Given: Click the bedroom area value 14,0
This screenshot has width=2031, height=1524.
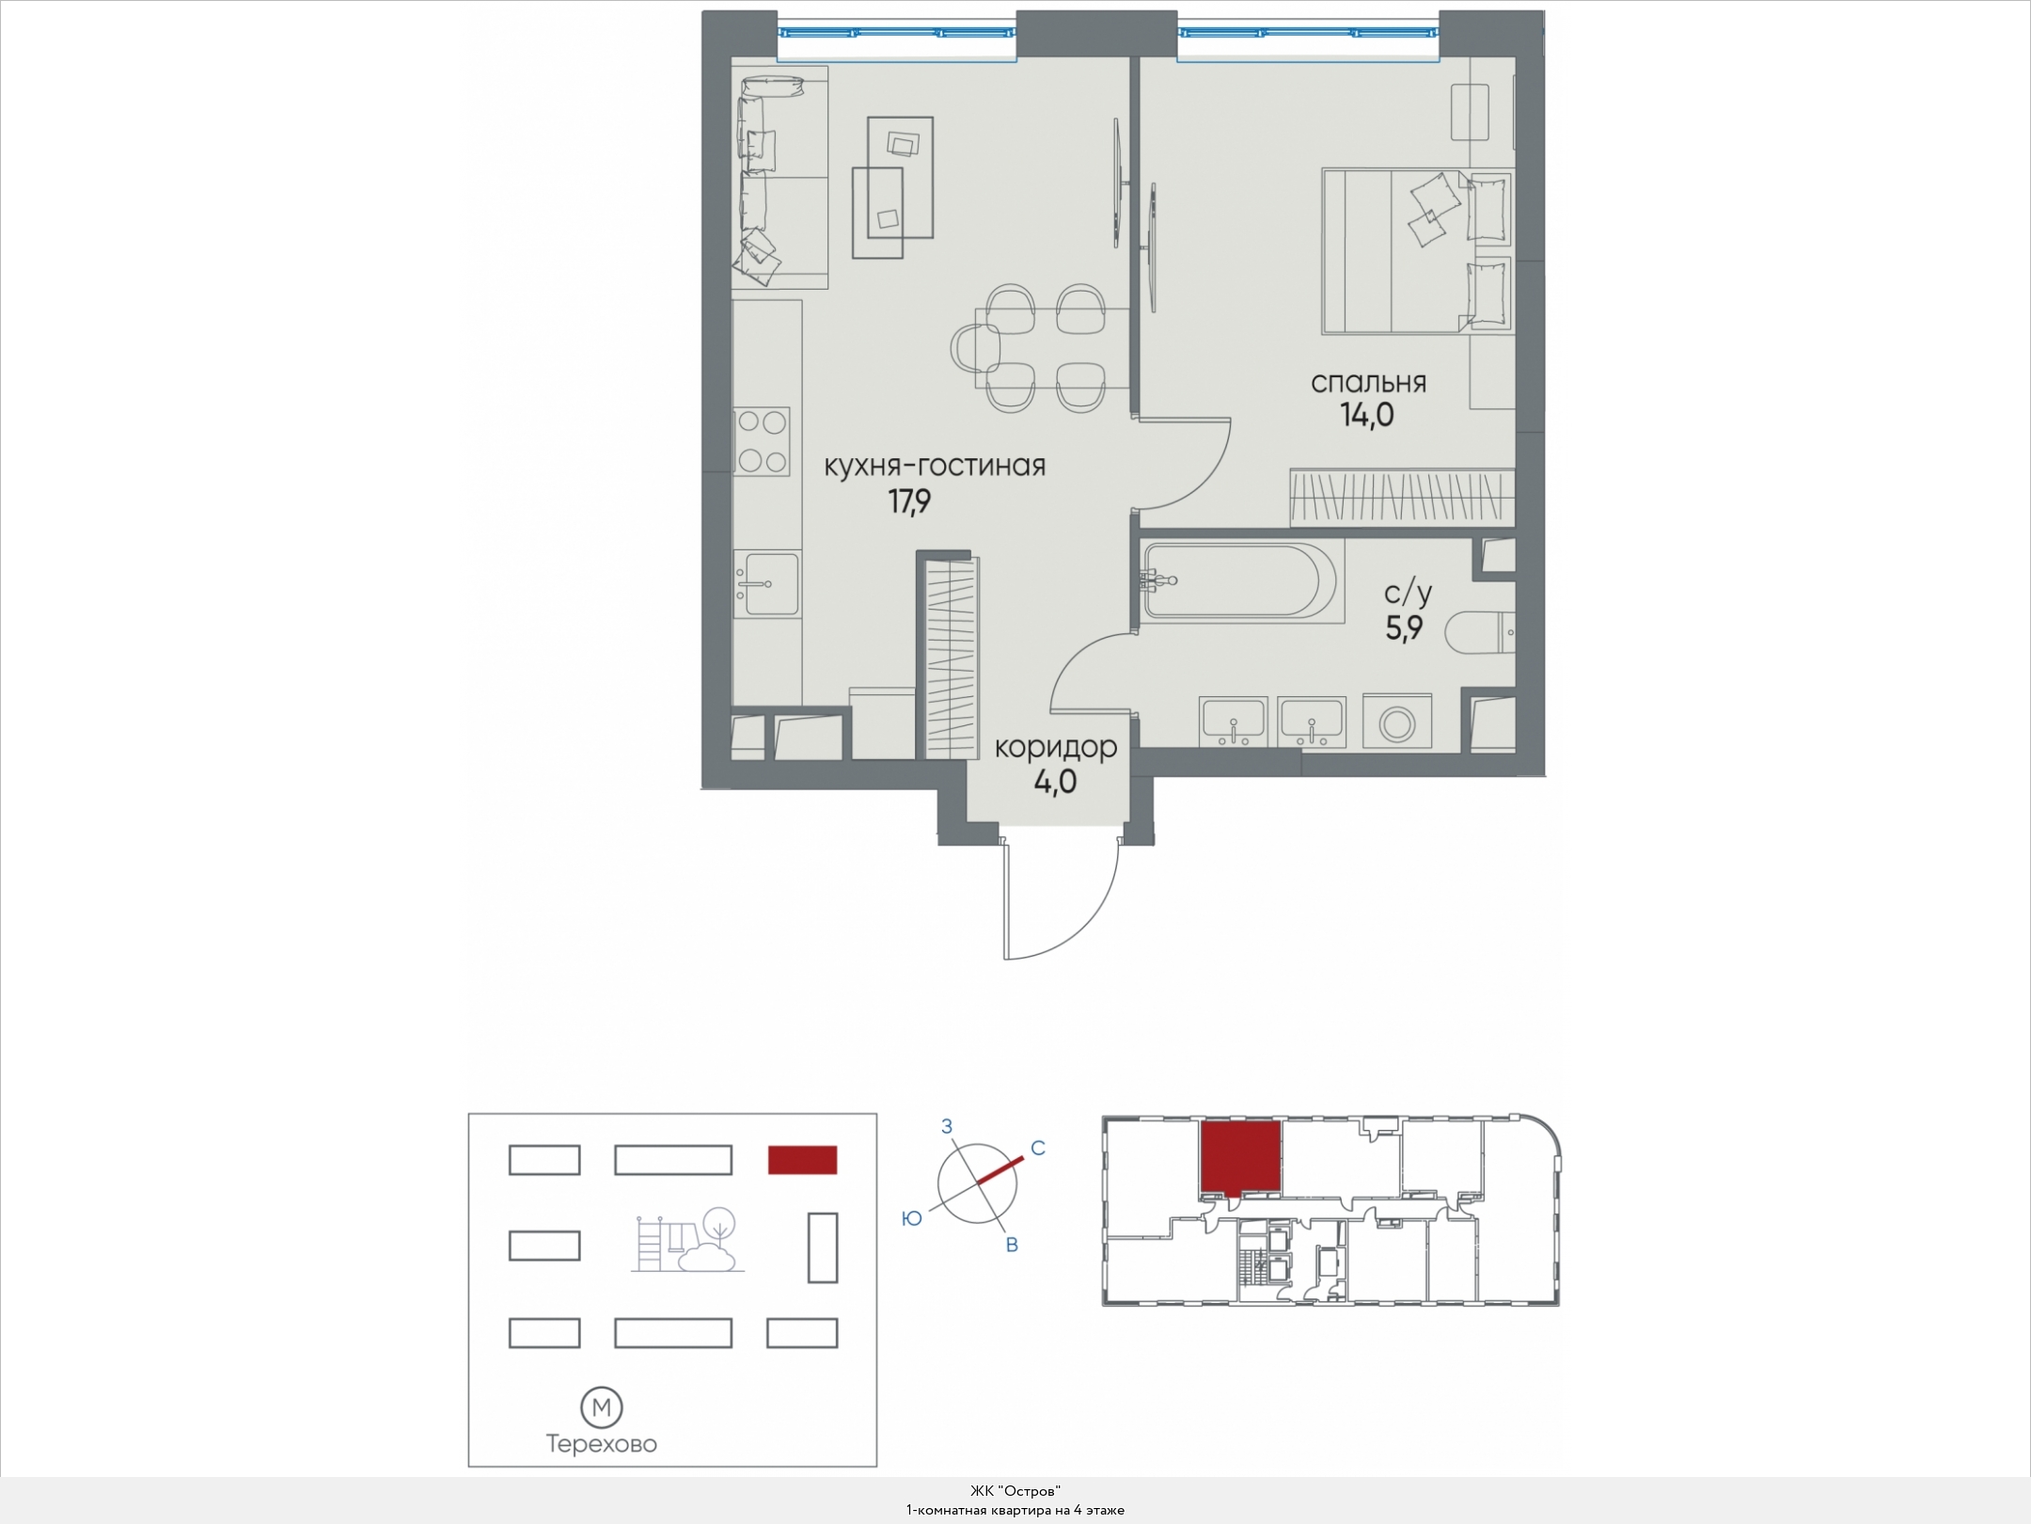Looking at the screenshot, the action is pyautogui.click(x=1367, y=414).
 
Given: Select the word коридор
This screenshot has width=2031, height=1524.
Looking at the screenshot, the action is pyautogui.click(x=1056, y=748).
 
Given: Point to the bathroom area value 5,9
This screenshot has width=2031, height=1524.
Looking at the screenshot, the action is pyautogui.click(x=1404, y=627).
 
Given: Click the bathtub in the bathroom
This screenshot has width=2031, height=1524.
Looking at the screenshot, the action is pyautogui.click(x=1240, y=581).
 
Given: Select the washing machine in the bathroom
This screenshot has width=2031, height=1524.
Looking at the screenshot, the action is pyautogui.click(x=1395, y=722).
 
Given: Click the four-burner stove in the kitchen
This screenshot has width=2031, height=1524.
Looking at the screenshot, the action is pyautogui.click(x=762, y=442).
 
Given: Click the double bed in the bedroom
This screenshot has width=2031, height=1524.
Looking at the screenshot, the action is pyautogui.click(x=1417, y=251).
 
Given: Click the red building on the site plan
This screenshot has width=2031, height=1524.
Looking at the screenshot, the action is pyautogui.click(x=803, y=1160).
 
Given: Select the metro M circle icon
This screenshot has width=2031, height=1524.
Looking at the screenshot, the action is pyautogui.click(x=602, y=1408).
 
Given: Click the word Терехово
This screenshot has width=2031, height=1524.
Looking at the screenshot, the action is pyautogui.click(x=602, y=1444).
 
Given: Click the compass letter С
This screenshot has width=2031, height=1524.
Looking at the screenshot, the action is pyautogui.click(x=1038, y=1148).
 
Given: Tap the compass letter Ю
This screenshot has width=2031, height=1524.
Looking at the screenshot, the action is pyautogui.click(x=911, y=1218).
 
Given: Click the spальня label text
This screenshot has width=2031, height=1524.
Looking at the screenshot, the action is pyautogui.click(x=1368, y=383).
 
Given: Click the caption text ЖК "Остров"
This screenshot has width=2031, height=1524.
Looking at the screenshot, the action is pyautogui.click(x=1015, y=1491).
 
